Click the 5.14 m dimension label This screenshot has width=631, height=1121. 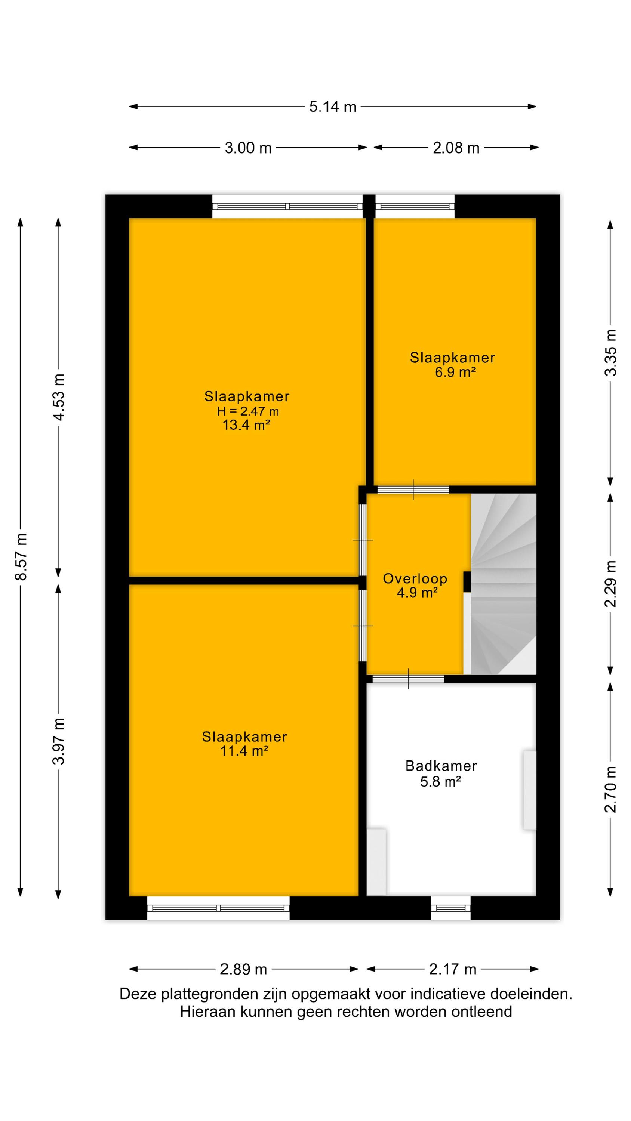tap(333, 106)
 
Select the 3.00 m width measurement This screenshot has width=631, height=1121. tap(248, 148)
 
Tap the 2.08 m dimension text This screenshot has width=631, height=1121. tap(456, 148)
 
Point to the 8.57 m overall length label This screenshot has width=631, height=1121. tap(21, 557)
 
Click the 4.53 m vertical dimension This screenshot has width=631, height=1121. tap(59, 397)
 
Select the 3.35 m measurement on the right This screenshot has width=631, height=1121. tap(611, 352)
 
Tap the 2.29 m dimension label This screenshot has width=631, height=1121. tap(611, 584)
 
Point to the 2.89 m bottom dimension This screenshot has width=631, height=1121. tap(243, 969)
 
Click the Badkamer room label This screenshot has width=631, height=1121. tap(441, 766)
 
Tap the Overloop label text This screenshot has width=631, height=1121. tap(415, 578)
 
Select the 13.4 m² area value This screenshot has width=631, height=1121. tap(246, 425)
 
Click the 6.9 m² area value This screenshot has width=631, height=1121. tap(455, 372)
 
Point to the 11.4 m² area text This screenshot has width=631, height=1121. tap(244, 751)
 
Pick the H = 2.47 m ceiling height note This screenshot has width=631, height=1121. tap(248, 411)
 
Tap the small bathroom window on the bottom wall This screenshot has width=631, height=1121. tap(451, 908)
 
